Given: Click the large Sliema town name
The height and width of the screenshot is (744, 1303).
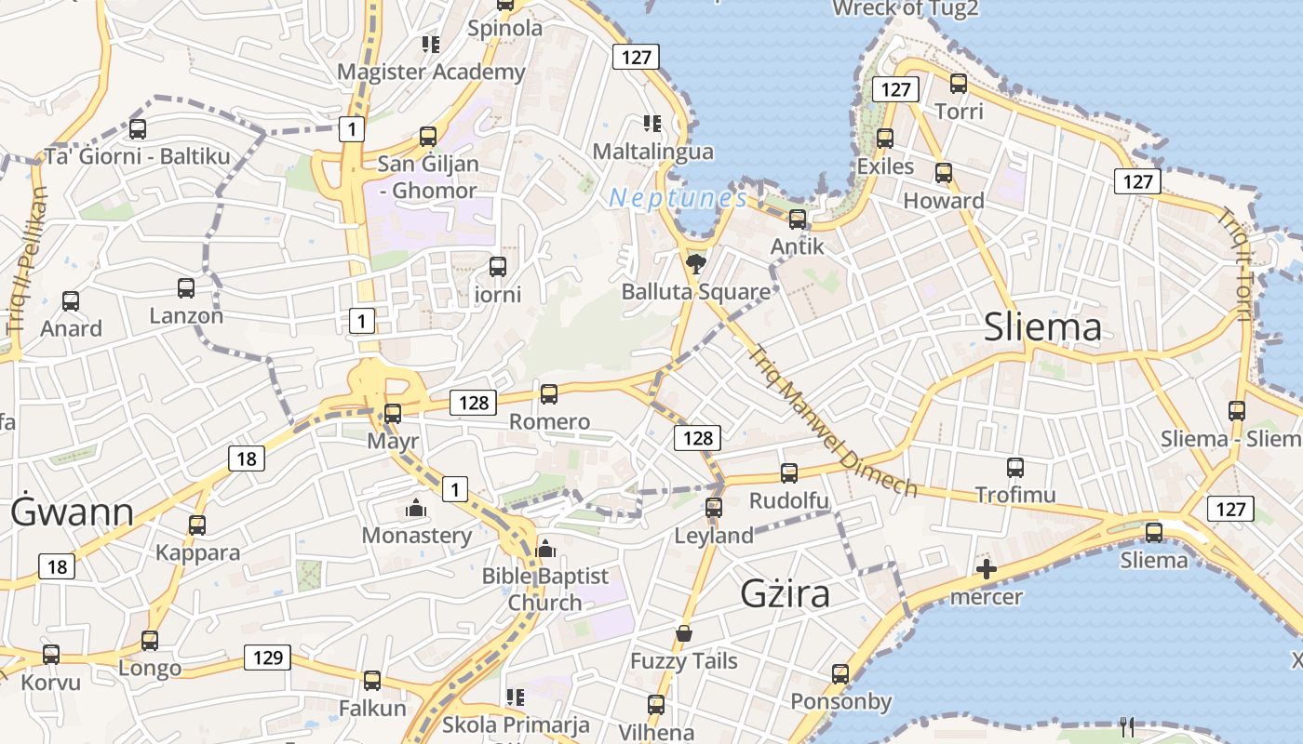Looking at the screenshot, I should (1042, 327).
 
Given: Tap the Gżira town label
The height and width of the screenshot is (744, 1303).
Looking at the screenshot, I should (785, 593).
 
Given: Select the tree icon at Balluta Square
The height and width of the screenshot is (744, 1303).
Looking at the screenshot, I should (694, 264).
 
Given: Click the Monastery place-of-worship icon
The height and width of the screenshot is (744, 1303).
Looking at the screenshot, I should (415, 508).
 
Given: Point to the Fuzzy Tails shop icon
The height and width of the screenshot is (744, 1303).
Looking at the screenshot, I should (684, 634).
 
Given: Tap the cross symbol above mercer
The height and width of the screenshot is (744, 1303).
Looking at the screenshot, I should (987, 568).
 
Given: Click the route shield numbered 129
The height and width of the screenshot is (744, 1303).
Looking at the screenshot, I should (268, 658).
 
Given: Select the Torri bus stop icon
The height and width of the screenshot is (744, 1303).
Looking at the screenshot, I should (958, 84).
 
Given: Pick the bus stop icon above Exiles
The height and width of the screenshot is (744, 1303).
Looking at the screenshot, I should (885, 139).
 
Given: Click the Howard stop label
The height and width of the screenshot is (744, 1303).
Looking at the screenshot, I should (944, 201).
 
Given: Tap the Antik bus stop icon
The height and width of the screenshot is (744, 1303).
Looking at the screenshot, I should (798, 219).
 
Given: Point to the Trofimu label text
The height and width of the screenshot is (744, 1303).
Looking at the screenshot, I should (1015, 495).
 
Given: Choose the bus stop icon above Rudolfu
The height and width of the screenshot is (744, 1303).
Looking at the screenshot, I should (789, 473).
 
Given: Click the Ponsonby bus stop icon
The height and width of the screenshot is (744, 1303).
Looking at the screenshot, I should (840, 674).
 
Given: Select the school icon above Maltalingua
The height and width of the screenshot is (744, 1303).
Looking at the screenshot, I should (651, 123).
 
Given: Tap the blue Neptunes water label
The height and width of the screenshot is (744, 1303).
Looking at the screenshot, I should (678, 198).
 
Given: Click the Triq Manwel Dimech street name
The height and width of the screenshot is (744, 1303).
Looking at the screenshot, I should (833, 421).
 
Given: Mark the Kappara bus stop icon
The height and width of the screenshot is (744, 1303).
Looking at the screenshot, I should (197, 525).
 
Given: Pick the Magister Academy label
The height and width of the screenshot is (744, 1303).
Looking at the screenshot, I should (431, 72).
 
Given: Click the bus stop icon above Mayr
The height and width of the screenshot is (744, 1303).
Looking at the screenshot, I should (393, 413).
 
